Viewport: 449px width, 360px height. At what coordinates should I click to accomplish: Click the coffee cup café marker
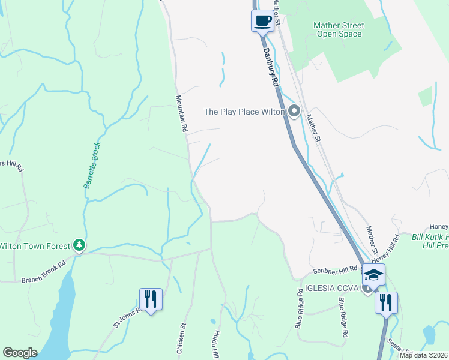262,20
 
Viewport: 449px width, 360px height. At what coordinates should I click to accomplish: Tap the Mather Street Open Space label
339,29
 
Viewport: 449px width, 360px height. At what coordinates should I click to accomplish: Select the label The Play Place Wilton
244,112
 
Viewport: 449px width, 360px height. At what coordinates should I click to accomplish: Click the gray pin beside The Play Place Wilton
294,111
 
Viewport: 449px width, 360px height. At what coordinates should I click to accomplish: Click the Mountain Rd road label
182,113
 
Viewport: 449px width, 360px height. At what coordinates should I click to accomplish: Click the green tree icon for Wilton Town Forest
79,245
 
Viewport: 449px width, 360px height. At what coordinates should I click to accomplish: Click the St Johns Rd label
127,317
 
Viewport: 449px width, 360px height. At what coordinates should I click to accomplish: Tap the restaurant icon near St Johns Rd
150,299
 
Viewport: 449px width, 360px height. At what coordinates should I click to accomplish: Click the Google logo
20,353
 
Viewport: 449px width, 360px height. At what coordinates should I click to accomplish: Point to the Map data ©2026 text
423,355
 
